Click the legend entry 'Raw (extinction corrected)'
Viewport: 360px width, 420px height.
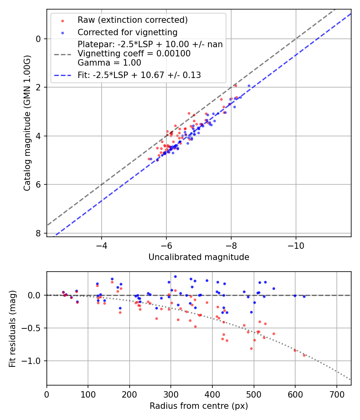pyautogui.click(x=132, y=20)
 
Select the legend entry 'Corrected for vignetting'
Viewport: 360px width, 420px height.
pyautogui.click(x=127, y=32)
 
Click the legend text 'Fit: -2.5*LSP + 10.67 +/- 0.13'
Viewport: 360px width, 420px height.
pyautogui.click(x=139, y=75)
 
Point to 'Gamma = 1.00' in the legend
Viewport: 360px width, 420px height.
pyautogui.click(x=109, y=62)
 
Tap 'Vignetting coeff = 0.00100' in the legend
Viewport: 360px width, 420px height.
pyautogui.click(x=134, y=53)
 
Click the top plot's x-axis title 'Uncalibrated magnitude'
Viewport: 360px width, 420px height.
pyautogui.click(x=199, y=257)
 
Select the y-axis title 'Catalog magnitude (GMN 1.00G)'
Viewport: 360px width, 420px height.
pyautogui.click(x=27, y=123)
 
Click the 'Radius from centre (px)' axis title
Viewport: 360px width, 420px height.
pyautogui.click(x=199, y=406)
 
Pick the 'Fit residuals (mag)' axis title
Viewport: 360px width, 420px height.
pyautogui.click(x=12, y=328)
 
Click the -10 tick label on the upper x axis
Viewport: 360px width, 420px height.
pyautogui.click(x=296, y=244)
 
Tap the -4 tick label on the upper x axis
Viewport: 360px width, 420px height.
pyautogui.click(x=102, y=244)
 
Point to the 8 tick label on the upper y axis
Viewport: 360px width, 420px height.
pyautogui.click(x=38, y=233)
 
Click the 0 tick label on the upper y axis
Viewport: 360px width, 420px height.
pyautogui.click(x=38, y=39)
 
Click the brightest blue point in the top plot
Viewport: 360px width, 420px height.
pyautogui.click(x=249, y=86)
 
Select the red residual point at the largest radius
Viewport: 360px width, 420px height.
pyautogui.click(x=304, y=355)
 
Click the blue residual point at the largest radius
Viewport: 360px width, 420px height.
pyautogui.click(x=304, y=296)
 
